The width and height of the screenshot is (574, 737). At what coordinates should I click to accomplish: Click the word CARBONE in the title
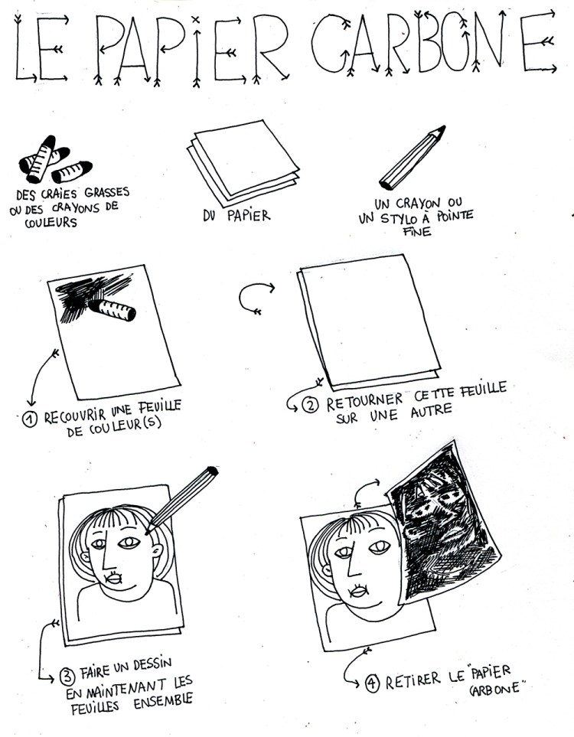click(433, 44)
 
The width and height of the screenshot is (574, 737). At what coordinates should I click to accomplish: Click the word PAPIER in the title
click(192, 49)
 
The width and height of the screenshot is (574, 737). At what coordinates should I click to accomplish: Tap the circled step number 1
click(30, 419)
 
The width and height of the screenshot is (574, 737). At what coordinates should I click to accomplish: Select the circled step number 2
click(310, 405)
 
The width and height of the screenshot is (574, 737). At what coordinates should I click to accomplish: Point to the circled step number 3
click(67, 677)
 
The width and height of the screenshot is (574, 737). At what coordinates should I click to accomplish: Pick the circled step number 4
click(372, 683)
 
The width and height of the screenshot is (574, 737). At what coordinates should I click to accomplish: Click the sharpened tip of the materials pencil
click(443, 128)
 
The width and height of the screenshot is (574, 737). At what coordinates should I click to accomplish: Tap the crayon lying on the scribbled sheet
click(112, 310)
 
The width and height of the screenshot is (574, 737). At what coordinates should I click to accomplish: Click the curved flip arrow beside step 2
click(254, 299)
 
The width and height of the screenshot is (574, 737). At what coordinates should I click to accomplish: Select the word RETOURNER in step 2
click(365, 403)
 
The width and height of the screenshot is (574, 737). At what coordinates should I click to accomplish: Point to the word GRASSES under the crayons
click(107, 192)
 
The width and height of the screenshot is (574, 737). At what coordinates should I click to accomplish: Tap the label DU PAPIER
click(236, 216)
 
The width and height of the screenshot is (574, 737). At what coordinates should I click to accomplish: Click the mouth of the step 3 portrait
click(114, 578)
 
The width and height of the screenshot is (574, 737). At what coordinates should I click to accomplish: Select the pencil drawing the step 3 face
click(181, 500)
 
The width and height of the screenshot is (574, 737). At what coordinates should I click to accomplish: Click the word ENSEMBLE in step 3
click(163, 701)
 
